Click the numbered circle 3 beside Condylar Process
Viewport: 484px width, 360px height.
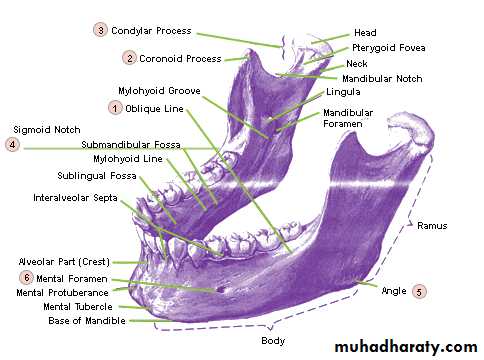coord(100,30)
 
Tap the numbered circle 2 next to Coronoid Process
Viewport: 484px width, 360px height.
coord(129,58)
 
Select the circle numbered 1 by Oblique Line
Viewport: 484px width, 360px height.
coord(115,108)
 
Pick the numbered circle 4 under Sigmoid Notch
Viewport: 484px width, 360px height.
coord(12,144)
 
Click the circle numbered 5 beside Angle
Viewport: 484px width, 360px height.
coord(419,291)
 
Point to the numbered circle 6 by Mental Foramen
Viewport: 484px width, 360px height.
coord(26,277)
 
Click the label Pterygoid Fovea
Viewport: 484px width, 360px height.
coord(389,48)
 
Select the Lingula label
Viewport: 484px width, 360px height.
coord(343,92)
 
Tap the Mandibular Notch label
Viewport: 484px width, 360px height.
coord(382,79)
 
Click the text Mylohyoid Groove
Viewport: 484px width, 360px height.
coord(159,91)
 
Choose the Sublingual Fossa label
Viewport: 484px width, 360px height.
coord(97,176)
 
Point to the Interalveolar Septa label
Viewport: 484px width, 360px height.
coord(75,198)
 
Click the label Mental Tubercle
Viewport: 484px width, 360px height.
coord(78,306)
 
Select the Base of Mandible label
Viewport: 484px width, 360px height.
coord(87,321)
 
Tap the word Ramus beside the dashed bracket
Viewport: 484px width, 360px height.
coord(432,226)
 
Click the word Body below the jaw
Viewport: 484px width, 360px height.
coord(273,341)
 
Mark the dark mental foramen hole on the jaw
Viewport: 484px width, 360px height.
coord(221,289)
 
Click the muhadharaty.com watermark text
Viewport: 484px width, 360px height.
coord(406,347)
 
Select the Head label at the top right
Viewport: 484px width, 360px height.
coord(365,33)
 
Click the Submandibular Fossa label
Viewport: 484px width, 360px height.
coord(131,145)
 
